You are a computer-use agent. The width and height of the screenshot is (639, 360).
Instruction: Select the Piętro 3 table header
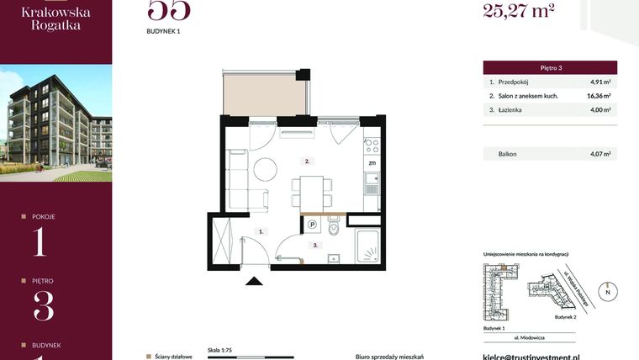550,67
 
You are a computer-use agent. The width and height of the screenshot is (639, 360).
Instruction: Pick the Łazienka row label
511,109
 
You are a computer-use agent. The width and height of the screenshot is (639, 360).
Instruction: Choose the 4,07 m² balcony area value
599,154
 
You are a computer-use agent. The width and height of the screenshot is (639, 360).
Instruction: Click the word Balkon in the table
508,154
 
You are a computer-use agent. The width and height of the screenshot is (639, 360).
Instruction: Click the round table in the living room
266,168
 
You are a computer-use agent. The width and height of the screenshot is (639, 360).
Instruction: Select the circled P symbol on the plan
312,225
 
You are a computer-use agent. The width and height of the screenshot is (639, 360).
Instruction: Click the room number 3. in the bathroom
314,246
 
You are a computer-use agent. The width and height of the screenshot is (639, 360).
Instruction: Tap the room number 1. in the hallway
261,230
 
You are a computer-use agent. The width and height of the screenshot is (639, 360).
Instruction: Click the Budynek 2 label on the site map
566,318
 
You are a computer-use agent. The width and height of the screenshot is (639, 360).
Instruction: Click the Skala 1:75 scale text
219,347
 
